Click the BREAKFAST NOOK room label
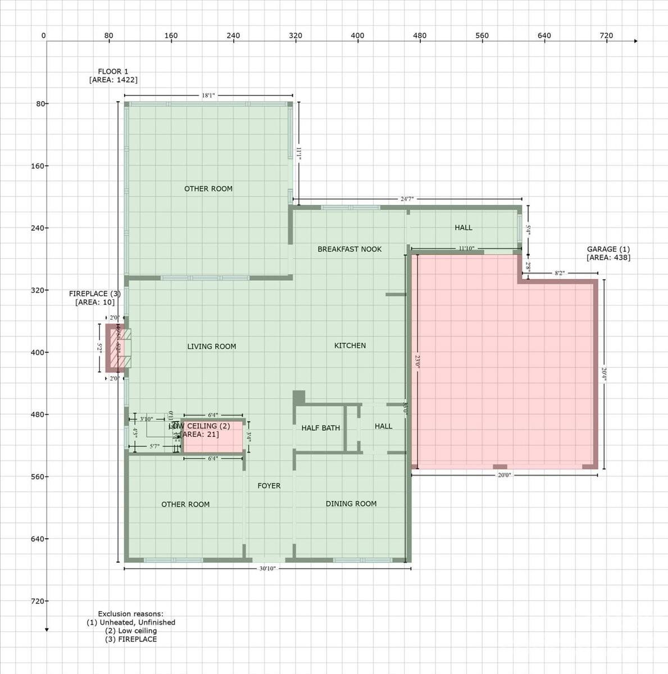(349, 249)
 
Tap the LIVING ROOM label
(211, 347)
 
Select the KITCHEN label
(350, 345)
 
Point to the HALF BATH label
(320, 428)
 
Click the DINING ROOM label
(351, 504)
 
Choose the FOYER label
(269, 486)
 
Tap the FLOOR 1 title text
(113, 71)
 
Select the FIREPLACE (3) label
(94, 294)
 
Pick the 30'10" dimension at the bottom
(267, 568)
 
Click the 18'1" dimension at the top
(208, 95)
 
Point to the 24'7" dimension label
(407, 199)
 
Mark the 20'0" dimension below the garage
(504, 475)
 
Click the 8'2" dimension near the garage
(560, 274)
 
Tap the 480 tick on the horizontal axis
(420, 35)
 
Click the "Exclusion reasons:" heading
(130, 614)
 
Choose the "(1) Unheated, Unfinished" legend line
(130, 622)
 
